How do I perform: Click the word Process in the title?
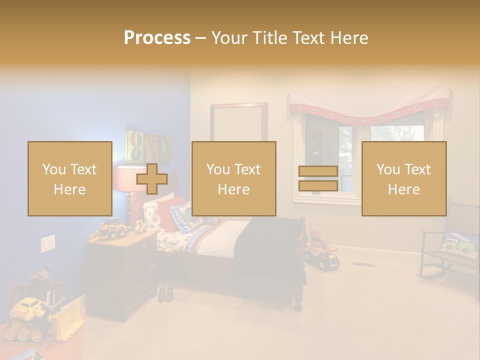(157, 38)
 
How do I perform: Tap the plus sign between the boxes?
(152, 178)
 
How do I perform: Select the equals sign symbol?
(318, 178)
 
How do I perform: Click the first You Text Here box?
(69, 178)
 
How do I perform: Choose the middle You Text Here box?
(233, 178)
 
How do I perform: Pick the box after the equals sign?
(403, 178)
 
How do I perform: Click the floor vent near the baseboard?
(361, 263)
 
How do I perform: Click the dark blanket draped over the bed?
(270, 250)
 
